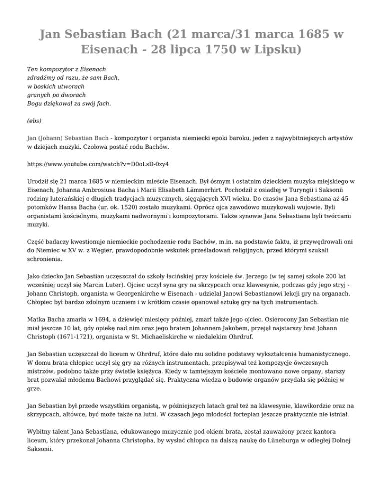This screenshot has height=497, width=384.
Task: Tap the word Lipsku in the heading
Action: [x=277, y=49]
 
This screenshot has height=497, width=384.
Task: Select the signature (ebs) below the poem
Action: [x=34, y=120]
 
